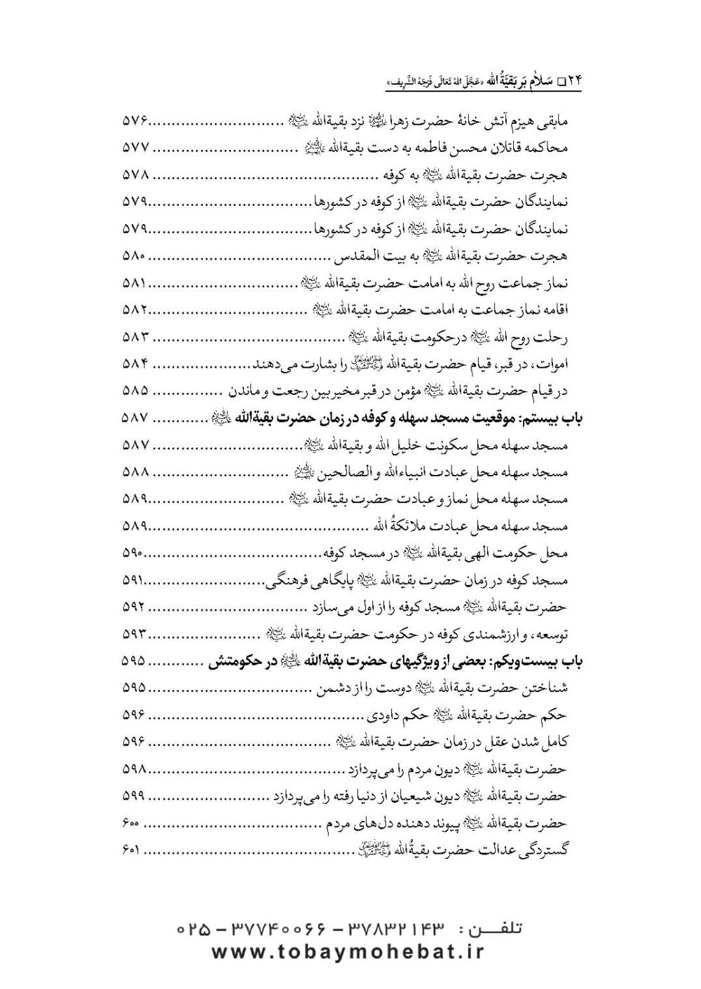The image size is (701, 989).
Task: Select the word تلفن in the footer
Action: [499, 929]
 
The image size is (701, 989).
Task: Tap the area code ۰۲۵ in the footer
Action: [194, 929]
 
